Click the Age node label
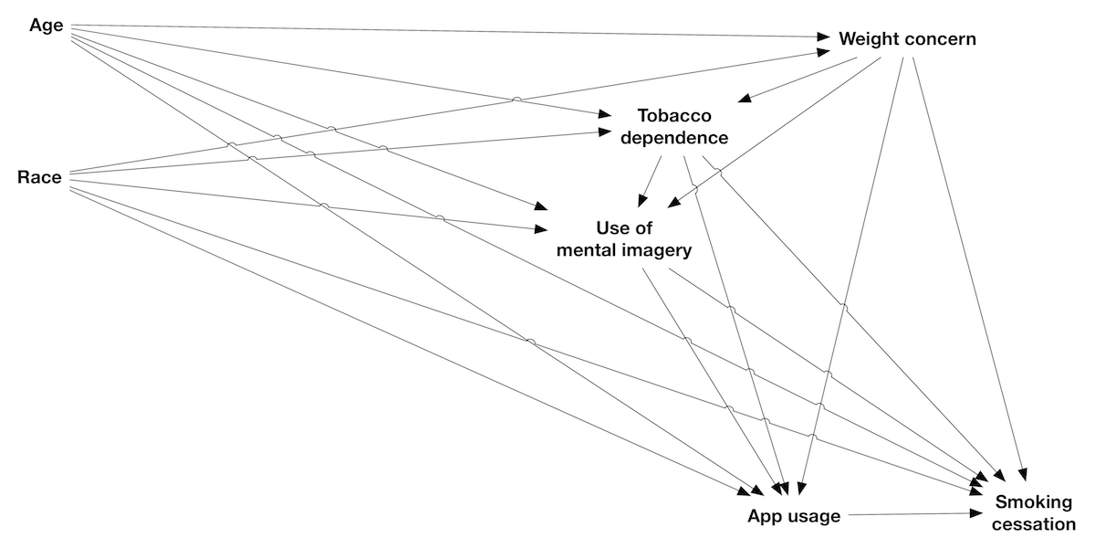tap(47, 26)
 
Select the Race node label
tap(39, 177)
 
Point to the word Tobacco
tap(673, 117)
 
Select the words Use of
tap(625, 227)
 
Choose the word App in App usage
tap(765, 516)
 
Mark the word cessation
tap(1035, 524)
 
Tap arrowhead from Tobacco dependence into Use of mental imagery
tap(644, 200)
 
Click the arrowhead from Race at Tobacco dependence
tap(605, 132)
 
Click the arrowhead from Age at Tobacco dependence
tap(605, 116)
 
